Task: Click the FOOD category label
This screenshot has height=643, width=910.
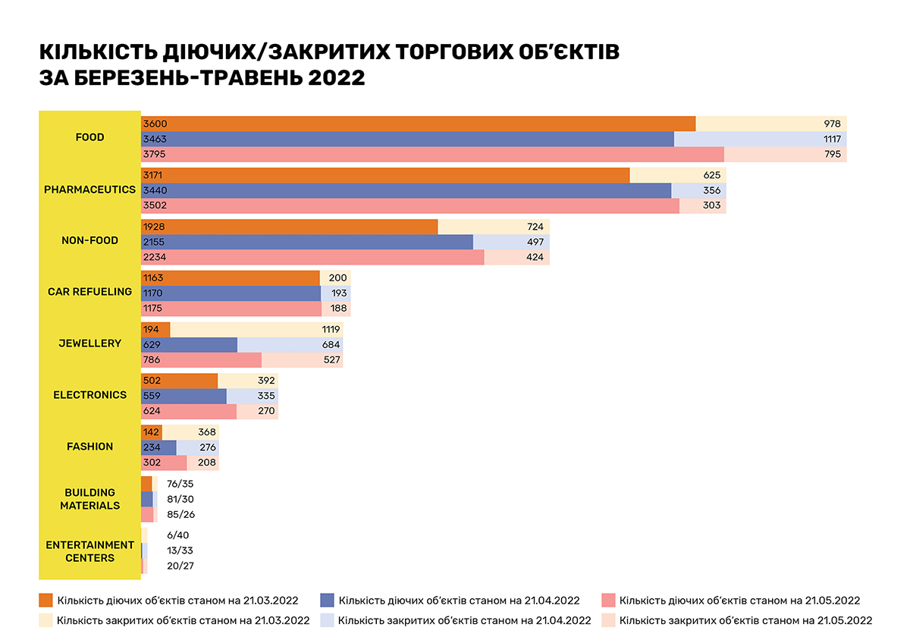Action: click(x=89, y=137)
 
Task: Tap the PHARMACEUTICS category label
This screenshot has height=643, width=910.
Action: click(x=89, y=189)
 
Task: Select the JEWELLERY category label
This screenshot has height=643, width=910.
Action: click(x=89, y=343)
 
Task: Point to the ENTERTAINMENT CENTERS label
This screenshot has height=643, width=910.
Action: click(x=89, y=551)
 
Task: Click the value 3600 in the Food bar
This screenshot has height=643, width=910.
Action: click(x=155, y=124)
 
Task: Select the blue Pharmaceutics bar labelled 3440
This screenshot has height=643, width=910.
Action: click(x=406, y=190)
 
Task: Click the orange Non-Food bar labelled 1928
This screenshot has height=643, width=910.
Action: click(x=289, y=227)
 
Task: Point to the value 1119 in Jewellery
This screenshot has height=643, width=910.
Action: click(x=328, y=329)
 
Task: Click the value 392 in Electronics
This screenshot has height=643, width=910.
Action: click(x=267, y=381)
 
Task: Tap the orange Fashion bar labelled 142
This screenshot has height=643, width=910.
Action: click(x=152, y=432)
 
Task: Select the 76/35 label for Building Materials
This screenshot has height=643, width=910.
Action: click(x=180, y=483)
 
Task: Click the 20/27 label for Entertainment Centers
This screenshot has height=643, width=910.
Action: click(x=180, y=566)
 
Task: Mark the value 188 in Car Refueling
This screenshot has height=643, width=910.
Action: click(x=338, y=309)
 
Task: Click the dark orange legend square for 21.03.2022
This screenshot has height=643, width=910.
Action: click(x=45, y=601)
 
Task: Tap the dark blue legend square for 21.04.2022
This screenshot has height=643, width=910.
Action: click(x=328, y=601)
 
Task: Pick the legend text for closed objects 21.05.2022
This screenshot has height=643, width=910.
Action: click(x=745, y=620)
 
